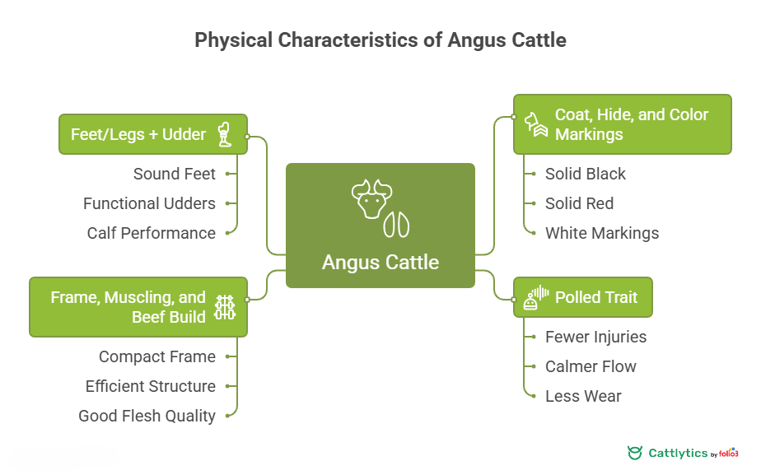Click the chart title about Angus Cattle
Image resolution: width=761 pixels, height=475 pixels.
(x=380, y=40)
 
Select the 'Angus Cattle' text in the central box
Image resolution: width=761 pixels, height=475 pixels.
(x=380, y=262)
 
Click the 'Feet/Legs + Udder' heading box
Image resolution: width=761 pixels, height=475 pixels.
(x=152, y=134)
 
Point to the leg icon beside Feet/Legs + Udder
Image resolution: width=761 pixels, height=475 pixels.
(x=224, y=134)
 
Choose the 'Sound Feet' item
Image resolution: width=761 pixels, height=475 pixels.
(x=174, y=174)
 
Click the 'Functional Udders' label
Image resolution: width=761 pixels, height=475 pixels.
(x=149, y=203)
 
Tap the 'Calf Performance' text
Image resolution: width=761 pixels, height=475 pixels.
(x=151, y=233)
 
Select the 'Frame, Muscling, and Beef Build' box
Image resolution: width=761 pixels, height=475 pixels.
(x=138, y=307)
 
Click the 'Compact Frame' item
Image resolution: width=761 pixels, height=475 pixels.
(x=156, y=356)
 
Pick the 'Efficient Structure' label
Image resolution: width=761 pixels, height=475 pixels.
(x=150, y=386)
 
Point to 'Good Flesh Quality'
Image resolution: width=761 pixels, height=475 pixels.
(x=147, y=416)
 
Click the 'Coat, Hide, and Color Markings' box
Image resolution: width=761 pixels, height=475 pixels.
(x=622, y=124)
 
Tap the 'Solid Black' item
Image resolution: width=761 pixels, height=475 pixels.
(x=585, y=174)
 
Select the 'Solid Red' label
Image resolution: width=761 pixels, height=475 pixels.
(x=579, y=203)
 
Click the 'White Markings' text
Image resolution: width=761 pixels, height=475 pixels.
(x=601, y=233)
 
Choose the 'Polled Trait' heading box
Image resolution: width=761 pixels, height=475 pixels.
(x=582, y=297)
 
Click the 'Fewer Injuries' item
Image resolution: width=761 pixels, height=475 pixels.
(x=595, y=337)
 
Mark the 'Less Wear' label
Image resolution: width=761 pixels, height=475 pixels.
(x=583, y=396)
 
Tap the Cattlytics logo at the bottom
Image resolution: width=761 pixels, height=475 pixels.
(x=682, y=453)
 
